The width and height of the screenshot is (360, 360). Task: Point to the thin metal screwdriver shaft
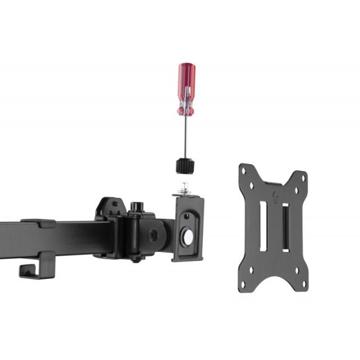pyautogui.click(x=185, y=138)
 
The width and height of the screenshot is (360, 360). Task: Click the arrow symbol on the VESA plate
pyautogui.click(x=275, y=196)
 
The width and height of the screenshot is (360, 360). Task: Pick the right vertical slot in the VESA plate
pyautogui.click(x=285, y=227)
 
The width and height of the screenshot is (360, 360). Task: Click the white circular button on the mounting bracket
pyautogui.click(x=188, y=237)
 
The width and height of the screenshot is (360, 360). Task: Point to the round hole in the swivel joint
pyautogui.click(x=153, y=235)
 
